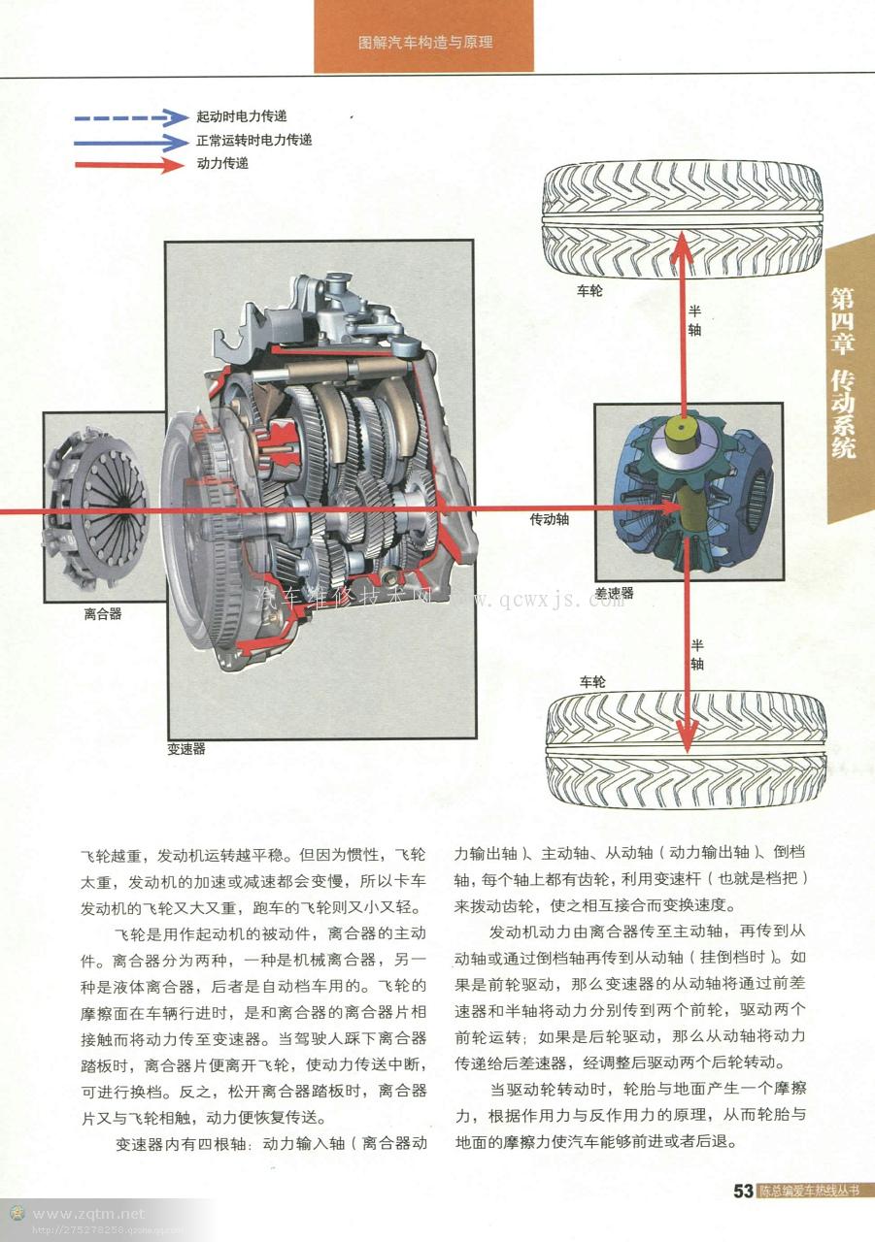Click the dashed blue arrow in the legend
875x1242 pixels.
pos(130,117)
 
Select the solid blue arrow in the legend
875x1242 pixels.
pos(130,141)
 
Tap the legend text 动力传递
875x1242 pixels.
pos(222,163)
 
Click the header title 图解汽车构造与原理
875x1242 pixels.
pos(424,43)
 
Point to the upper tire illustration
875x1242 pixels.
pos(682,220)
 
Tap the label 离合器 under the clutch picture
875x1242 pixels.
pos(102,614)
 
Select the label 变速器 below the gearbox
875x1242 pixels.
pos(185,749)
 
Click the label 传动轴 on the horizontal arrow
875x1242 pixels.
pos(549,519)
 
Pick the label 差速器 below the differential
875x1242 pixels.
pos(614,592)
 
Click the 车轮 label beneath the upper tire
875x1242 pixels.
pos(589,290)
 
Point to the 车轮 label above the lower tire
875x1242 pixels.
pos(592,682)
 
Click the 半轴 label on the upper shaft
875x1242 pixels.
pos(695,320)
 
